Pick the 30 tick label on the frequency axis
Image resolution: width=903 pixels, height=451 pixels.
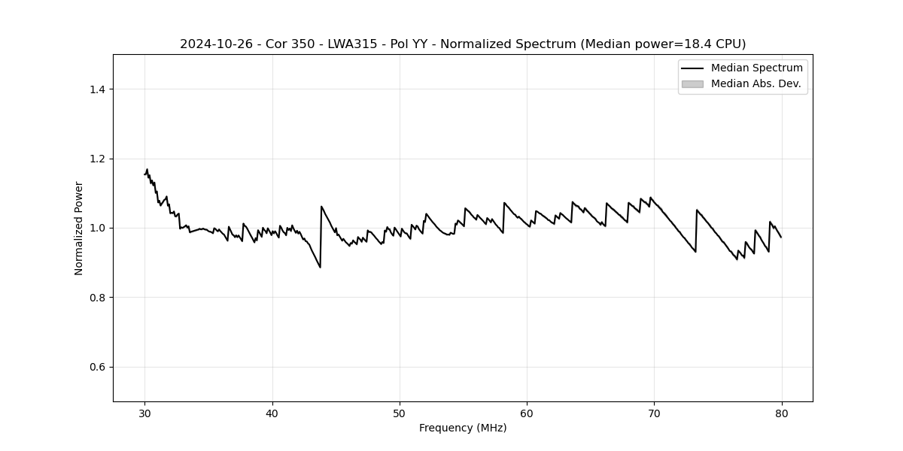145,413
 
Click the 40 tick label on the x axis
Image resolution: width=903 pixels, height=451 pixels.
272,413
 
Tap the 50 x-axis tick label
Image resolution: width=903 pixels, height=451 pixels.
400,413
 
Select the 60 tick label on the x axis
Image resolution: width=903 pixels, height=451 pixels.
527,413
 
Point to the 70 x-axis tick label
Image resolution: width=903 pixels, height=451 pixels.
654,413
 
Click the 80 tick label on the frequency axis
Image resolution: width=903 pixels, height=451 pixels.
781,413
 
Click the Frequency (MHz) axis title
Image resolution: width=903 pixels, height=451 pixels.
463,428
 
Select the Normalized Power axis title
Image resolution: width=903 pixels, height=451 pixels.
79,228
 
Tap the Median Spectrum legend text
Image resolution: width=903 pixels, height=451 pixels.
756,68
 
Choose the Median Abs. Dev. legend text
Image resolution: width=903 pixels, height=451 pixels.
756,84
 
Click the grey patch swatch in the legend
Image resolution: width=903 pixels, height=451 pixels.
692,84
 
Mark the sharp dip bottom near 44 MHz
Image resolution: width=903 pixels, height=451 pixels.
320,267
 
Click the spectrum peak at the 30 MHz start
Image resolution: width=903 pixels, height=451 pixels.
147,170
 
